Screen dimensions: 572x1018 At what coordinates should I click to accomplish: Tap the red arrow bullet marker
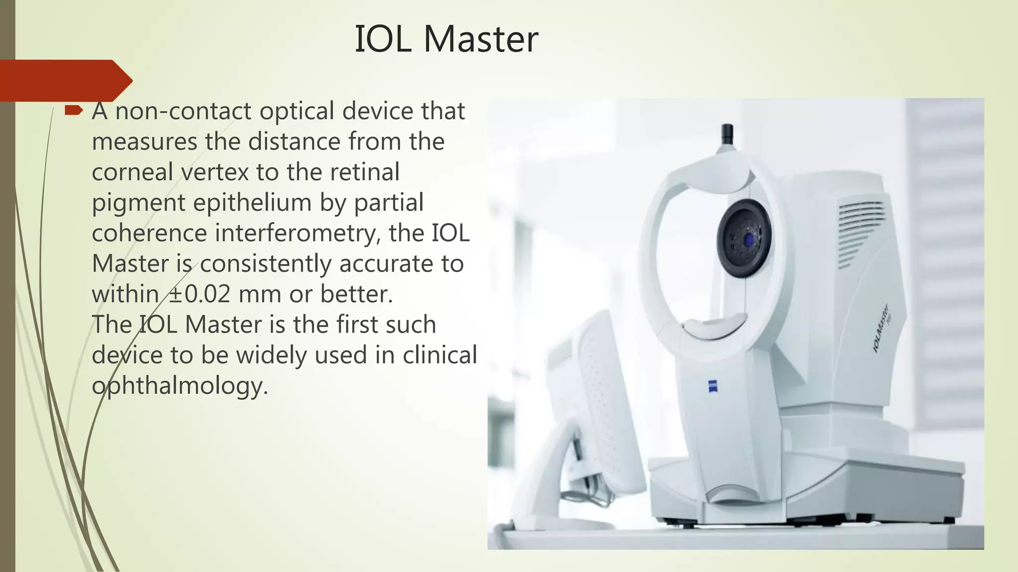tap(74, 110)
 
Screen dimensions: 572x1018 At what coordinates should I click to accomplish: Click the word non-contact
tap(183, 111)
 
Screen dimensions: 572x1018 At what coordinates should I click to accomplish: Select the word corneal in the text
tap(132, 172)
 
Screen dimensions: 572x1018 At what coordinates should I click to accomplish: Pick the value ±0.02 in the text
tap(199, 294)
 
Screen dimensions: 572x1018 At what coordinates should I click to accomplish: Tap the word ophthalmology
tap(179, 386)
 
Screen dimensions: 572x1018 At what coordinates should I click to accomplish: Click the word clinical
tap(439, 355)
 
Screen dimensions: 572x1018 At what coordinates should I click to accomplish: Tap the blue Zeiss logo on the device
tap(712, 386)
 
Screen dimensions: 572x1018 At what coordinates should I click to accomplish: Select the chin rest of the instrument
tap(715, 328)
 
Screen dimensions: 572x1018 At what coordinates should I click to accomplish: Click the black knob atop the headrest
tap(727, 133)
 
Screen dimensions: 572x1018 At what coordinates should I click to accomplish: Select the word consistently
tap(265, 264)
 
